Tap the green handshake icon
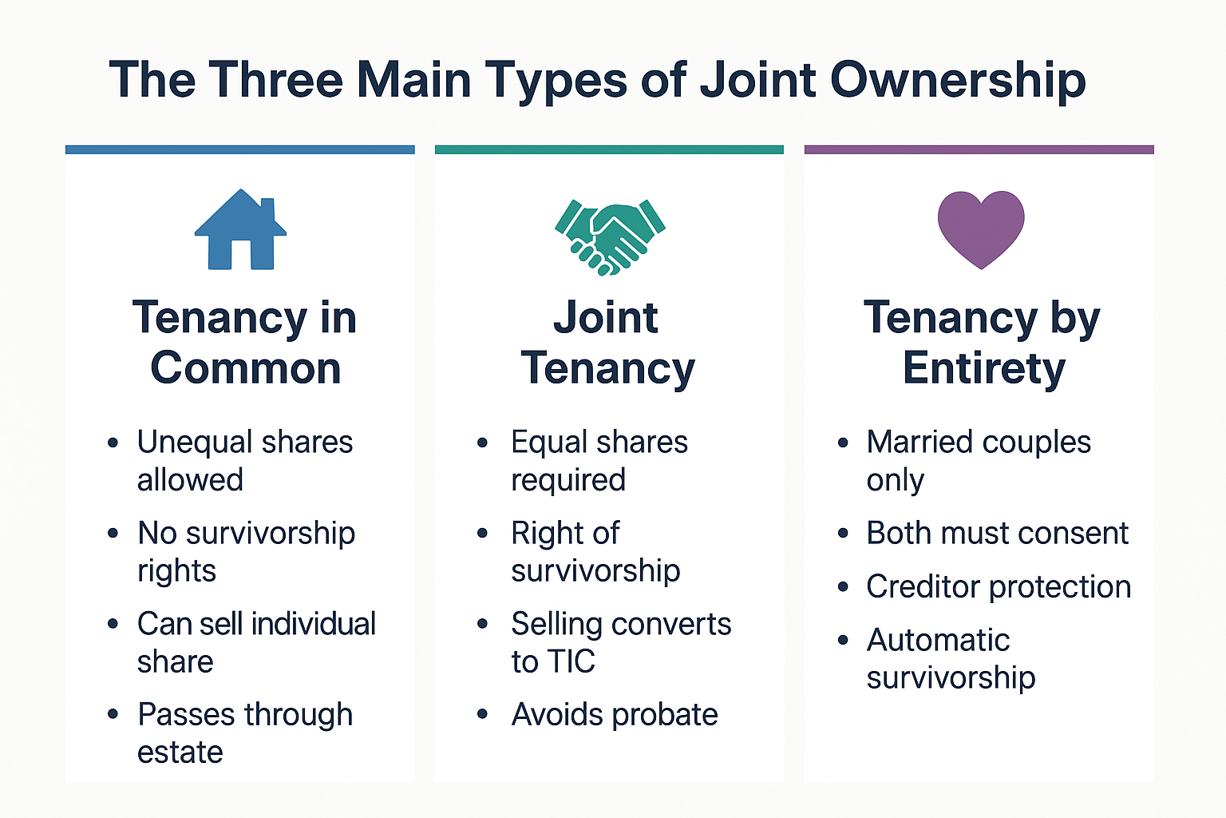click(610, 236)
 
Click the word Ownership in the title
click(958, 80)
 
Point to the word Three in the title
click(275, 80)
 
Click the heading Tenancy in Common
click(245, 343)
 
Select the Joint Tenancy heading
click(607, 343)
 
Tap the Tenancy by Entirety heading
click(983, 343)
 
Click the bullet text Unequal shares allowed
click(244, 461)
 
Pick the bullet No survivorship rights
click(246, 552)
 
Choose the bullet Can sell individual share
click(255, 642)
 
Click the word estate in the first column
click(180, 752)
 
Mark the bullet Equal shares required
click(599, 461)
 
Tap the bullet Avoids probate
click(614, 714)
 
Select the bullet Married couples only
click(978, 461)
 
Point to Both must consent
click(997, 533)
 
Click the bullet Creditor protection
click(998, 586)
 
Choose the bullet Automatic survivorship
click(950, 658)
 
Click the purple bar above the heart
click(979, 149)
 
